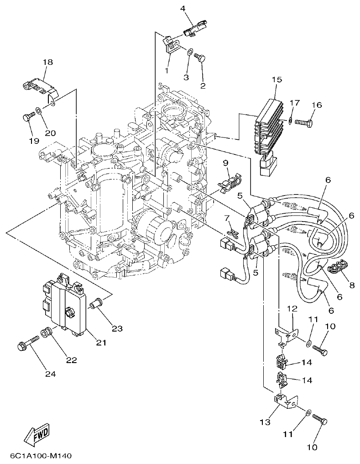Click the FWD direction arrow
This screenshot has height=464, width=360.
pos(35,435)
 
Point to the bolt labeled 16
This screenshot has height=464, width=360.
pos(305,122)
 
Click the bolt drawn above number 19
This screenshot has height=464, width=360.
pos(28,117)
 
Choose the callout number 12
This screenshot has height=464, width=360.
pos(292,309)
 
